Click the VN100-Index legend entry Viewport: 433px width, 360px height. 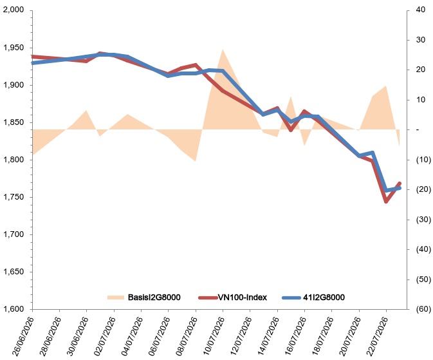[x=232, y=298]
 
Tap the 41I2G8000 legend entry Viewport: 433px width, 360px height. [x=313, y=298]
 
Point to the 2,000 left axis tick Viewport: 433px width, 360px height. [x=14, y=10]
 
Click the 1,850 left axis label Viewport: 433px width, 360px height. [x=14, y=122]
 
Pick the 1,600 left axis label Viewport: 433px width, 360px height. [x=14, y=309]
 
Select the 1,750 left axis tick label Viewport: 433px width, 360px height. [x=14, y=197]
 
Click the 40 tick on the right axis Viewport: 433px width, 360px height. [x=421, y=10]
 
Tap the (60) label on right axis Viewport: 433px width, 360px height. [x=423, y=309]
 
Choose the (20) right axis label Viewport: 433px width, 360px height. [x=423, y=189]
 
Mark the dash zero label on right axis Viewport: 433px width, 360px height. [x=418, y=129]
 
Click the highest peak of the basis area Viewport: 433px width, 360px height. [x=223, y=49]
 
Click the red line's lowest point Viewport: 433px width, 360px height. [x=386, y=202]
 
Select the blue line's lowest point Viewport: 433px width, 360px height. [x=386, y=191]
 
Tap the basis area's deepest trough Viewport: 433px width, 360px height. [x=196, y=161]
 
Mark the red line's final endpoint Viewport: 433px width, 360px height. [x=400, y=184]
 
